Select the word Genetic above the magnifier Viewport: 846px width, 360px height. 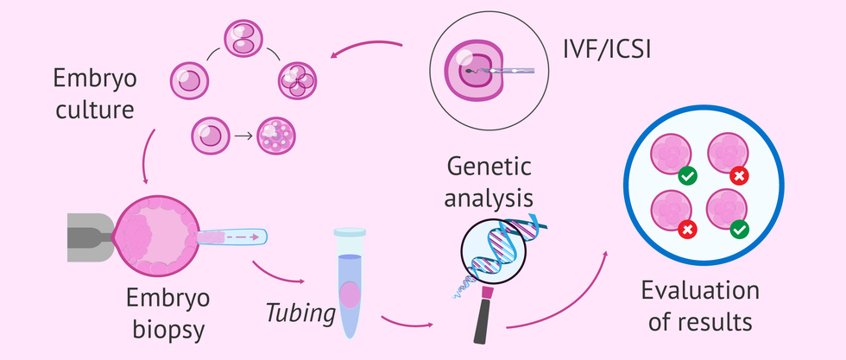488,166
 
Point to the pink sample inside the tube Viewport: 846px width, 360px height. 350,294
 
